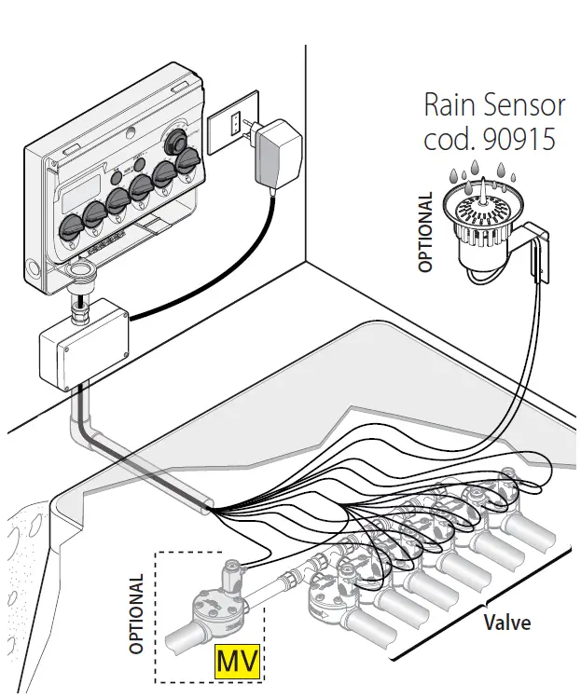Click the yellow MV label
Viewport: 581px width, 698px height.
[x=238, y=661]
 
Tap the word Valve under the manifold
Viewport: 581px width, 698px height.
[x=507, y=623]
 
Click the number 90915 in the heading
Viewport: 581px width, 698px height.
[x=519, y=139]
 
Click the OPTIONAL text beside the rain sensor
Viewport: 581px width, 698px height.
[x=425, y=231]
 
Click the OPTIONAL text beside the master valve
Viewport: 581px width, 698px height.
[x=136, y=613]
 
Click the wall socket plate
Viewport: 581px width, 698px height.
[x=233, y=121]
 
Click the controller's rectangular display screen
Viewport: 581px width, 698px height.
[x=81, y=193]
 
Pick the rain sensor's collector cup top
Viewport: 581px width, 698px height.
[x=483, y=205]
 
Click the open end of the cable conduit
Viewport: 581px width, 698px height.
[x=208, y=507]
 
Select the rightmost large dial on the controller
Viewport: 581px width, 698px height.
[x=189, y=161]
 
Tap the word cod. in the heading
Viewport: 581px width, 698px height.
[x=450, y=139]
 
